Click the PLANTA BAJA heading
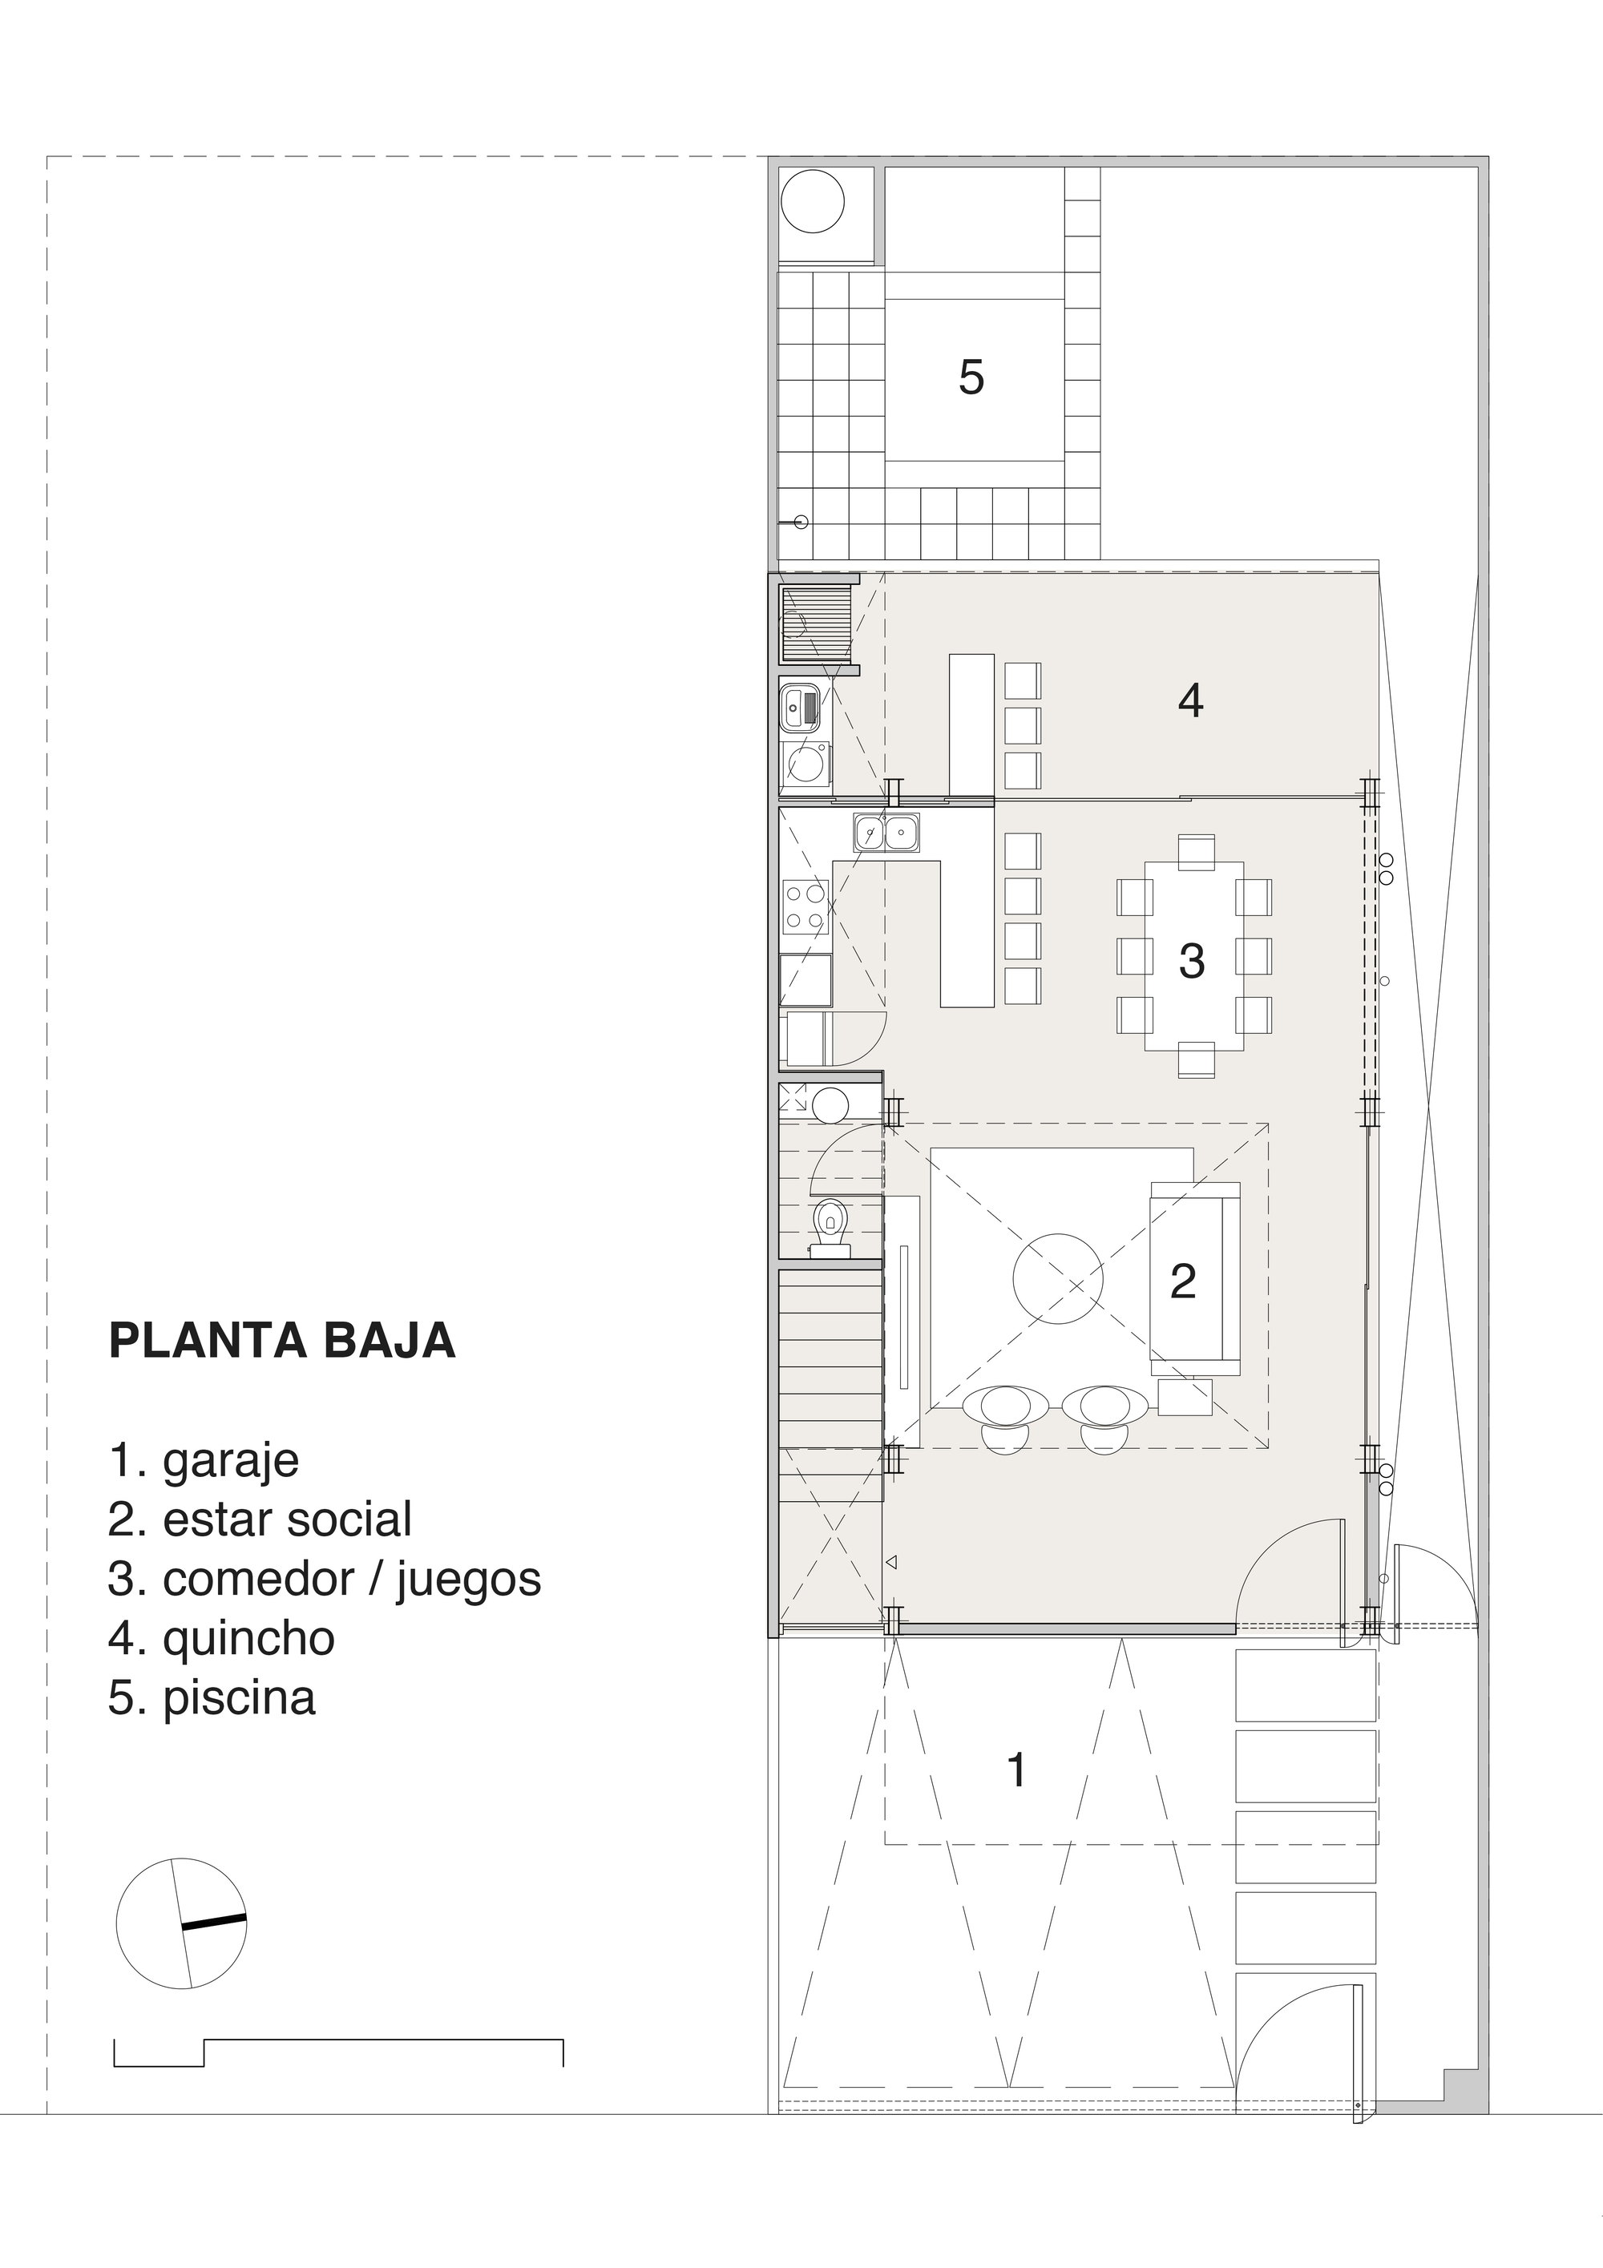point(281,1341)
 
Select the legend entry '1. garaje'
point(204,1460)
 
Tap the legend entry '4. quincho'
point(221,1638)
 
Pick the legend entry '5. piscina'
point(212,1697)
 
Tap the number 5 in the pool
point(971,377)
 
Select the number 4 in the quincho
point(1190,700)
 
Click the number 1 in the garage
point(1016,1770)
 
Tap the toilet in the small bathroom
point(830,1227)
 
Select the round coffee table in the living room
point(1057,1279)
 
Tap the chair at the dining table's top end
point(1196,851)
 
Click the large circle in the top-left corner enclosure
point(813,201)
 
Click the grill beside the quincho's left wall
point(816,623)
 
